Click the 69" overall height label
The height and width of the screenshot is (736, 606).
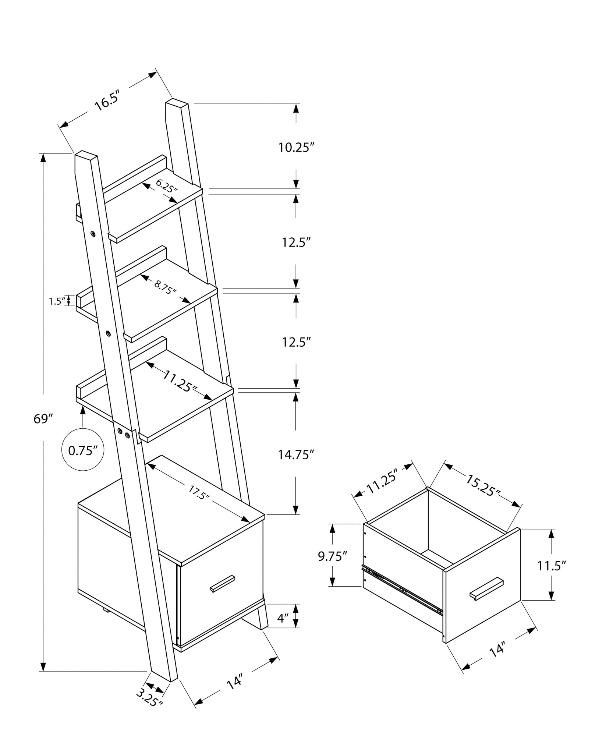[44, 418]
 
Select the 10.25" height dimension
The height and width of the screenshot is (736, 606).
[296, 148]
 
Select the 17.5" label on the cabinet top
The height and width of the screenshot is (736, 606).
[199, 492]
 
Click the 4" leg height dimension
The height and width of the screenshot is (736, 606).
[282, 618]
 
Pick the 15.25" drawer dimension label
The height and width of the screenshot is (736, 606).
[483, 485]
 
